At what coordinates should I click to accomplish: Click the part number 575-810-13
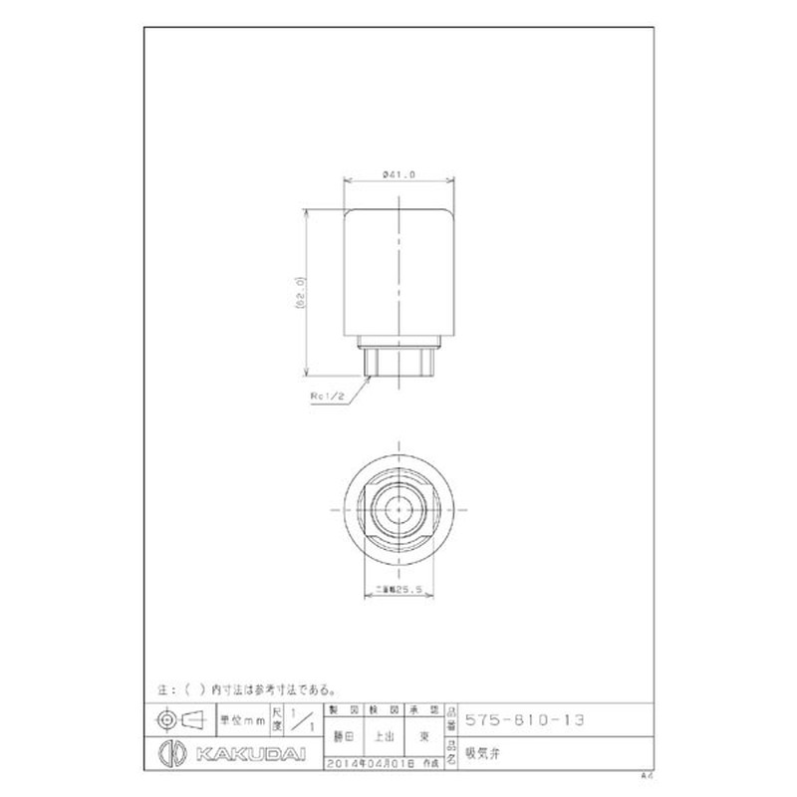(526, 718)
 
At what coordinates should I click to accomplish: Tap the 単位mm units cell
(242, 718)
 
